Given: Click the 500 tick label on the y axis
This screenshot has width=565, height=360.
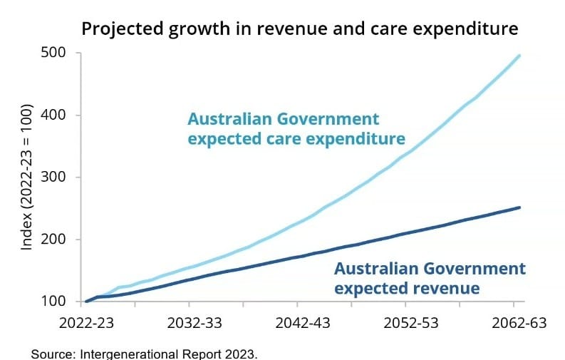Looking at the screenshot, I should click(x=55, y=53).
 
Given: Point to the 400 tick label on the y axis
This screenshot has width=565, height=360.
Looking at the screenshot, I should click(x=55, y=115).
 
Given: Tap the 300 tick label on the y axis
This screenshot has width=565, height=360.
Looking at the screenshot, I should click(x=55, y=177).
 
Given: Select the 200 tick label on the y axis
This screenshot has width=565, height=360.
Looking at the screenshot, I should click(x=55, y=240).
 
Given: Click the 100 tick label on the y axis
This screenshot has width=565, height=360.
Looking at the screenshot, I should click(x=55, y=302).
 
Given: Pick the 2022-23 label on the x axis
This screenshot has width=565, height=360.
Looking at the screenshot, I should click(x=85, y=323).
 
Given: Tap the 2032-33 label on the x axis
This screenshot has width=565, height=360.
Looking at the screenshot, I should click(x=195, y=323).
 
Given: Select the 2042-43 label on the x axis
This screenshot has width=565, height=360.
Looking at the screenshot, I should click(x=303, y=323).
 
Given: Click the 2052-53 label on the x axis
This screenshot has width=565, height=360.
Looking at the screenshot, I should click(x=411, y=323).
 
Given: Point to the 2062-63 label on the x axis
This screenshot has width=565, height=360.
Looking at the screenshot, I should click(x=519, y=323).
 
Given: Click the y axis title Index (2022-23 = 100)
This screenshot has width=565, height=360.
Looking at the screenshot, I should click(x=27, y=178).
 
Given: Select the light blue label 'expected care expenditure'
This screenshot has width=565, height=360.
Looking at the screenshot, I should click(x=296, y=138).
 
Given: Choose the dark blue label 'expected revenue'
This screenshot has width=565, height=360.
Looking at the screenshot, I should click(x=407, y=289).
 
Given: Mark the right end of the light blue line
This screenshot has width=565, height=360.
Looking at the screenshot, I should click(x=519, y=56).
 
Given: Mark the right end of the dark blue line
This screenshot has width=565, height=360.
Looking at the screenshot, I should click(x=519, y=207).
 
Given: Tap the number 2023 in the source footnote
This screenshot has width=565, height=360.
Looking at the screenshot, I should click(x=239, y=353).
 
